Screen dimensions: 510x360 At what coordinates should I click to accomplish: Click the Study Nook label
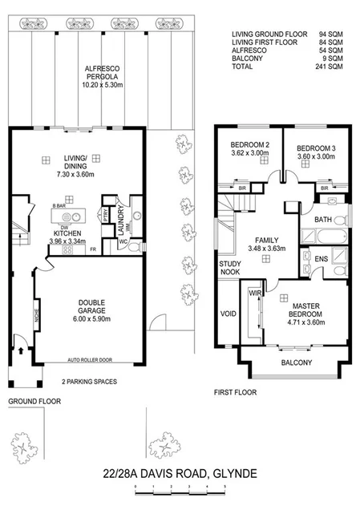(x=231, y=268)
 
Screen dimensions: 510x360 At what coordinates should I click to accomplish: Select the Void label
(x=229, y=314)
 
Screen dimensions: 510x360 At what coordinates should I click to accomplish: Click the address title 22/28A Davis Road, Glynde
(x=180, y=474)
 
